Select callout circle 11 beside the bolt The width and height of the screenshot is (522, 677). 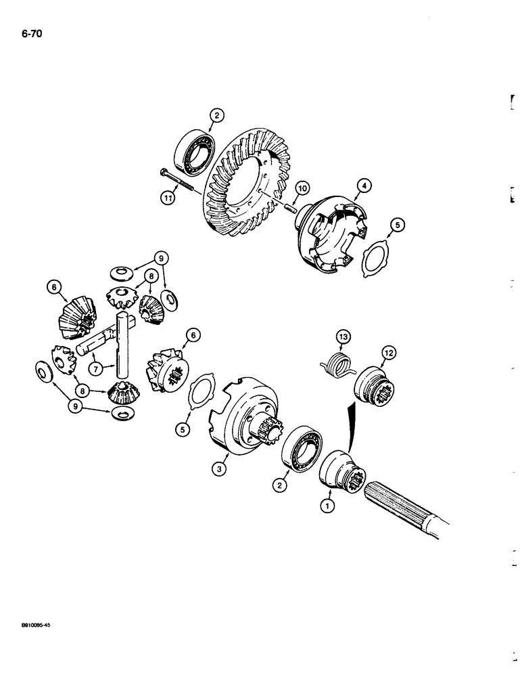coord(168,199)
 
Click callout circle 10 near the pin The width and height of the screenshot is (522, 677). coord(301,187)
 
